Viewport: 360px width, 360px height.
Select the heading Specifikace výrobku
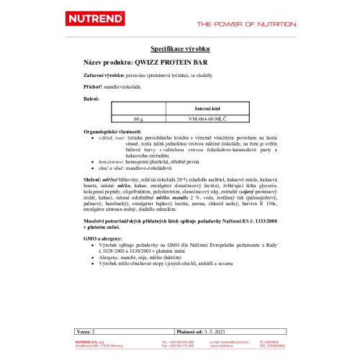pos(179,48)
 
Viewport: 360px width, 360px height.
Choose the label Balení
pos(90,96)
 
